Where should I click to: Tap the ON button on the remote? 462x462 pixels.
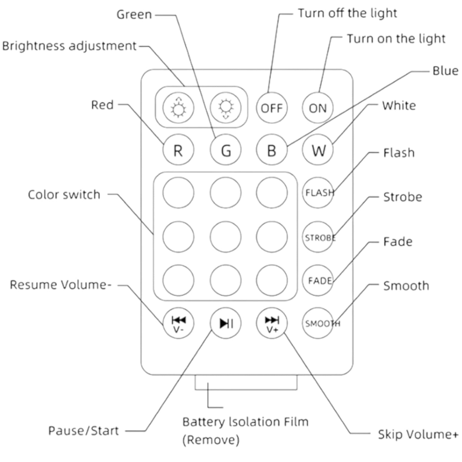pos(318,108)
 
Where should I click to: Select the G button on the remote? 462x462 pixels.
pos(226,151)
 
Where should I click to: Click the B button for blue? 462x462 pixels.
pos(271,151)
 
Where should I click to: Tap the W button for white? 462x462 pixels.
pos(318,151)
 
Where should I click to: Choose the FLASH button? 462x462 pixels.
pos(318,192)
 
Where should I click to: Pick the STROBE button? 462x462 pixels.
pos(318,237)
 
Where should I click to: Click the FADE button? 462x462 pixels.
pos(318,279)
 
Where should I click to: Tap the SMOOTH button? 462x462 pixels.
pos(318,324)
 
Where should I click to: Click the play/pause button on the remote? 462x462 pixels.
pos(226,324)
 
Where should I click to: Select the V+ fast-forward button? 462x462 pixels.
pos(271,324)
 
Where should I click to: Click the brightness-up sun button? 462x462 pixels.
pos(179,108)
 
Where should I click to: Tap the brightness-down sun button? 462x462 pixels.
pos(226,108)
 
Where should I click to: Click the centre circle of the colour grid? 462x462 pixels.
pos(226,236)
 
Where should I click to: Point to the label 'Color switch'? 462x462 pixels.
pos(64,194)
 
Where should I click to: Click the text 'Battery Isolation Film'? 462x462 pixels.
pos(246,422)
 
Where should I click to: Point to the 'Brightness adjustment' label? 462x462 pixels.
pos(69,46)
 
